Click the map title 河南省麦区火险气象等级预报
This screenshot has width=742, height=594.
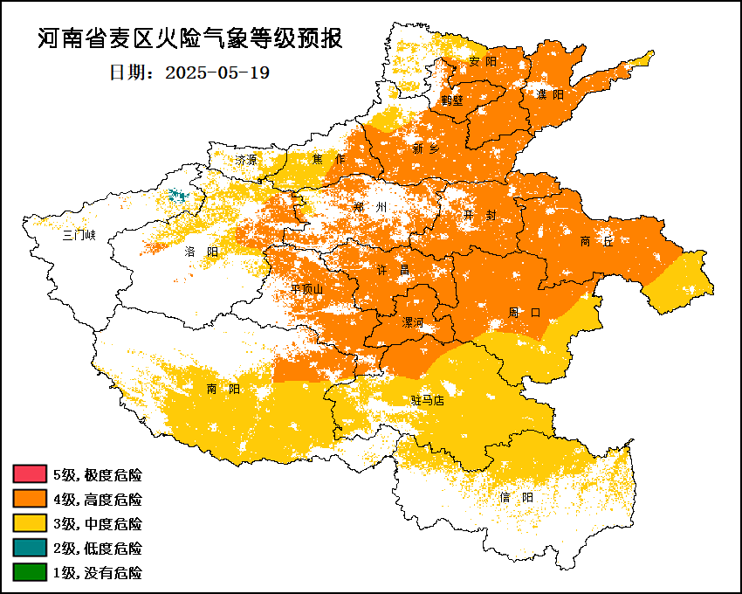pyautogui.click(x=189, y=38)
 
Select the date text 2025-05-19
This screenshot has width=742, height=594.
pyautogui.click(x=217, y=73)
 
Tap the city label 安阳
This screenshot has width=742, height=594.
pyautogui.click(x=482, y=61)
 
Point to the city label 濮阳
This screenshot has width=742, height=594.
pyautogui.click(x=550, y=94)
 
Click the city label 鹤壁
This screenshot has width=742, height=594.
pyautogui.click(x=452, y=100)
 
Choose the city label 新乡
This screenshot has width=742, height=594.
pyautogui.click(x=426, y=148)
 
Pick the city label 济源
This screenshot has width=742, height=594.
pyautogui.click(x=246, y=160)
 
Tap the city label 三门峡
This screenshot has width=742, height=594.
pyautogui.click(x=79, y=235)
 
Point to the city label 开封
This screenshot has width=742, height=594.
pyautogui.click(x=480, y=215)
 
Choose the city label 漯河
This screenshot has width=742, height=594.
pyautogui.click(x=412, y=322)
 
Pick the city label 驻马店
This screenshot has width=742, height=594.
pyautogui.click(x=428, y=400)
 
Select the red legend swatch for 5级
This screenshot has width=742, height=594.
pyautogui.click(x=29, y=475)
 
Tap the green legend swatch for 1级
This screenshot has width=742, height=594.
pyautogui.click(x=29, y=573)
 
